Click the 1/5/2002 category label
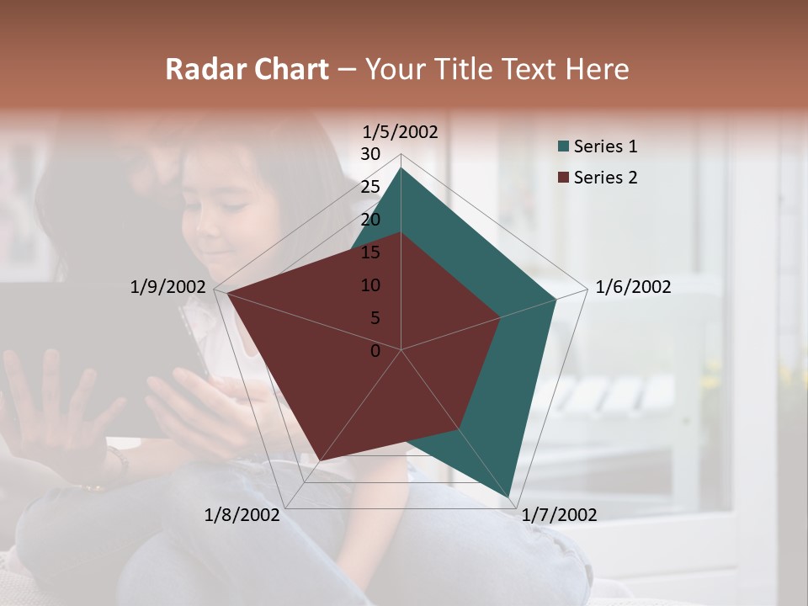(401, 132)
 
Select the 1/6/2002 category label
(633, 287)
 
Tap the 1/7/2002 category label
(559, 515)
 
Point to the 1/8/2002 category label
(242, 515)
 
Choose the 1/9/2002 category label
(167, 287)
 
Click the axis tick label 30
(370, 154)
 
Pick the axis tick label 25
(370, 187)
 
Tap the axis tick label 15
(370, 252)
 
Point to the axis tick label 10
(370, 285)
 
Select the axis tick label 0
(375, 351)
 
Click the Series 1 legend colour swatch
(563, 147)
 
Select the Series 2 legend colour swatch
(563, 178)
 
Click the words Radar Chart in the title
(247, 69)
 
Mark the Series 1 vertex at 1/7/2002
(510, 497)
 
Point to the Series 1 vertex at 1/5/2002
(401, 167)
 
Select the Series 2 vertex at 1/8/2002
(321, 460)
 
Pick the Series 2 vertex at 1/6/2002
(501, 317)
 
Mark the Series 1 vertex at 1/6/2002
(556, 299)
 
